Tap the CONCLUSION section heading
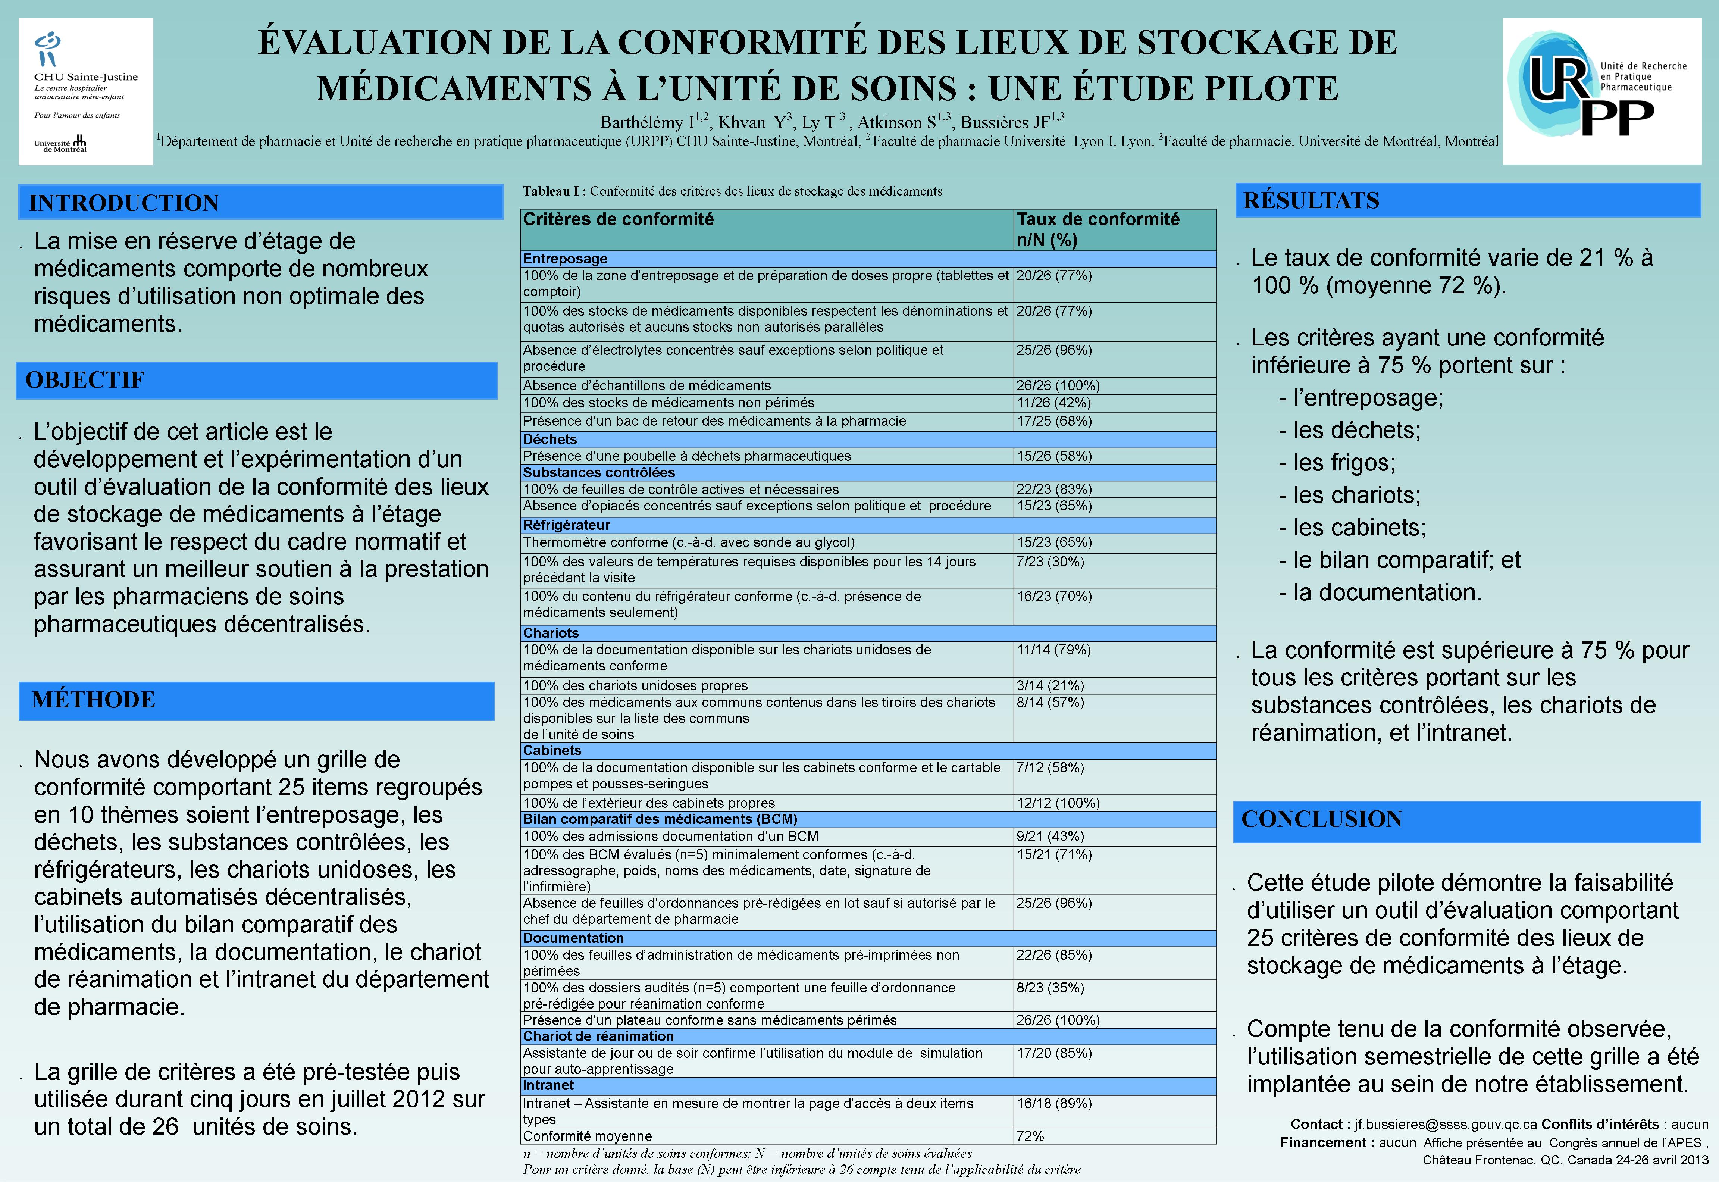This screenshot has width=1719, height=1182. pos(1321,819)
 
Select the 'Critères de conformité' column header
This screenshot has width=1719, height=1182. pos(618,219)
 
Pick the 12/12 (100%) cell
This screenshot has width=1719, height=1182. pos(1057,803)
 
